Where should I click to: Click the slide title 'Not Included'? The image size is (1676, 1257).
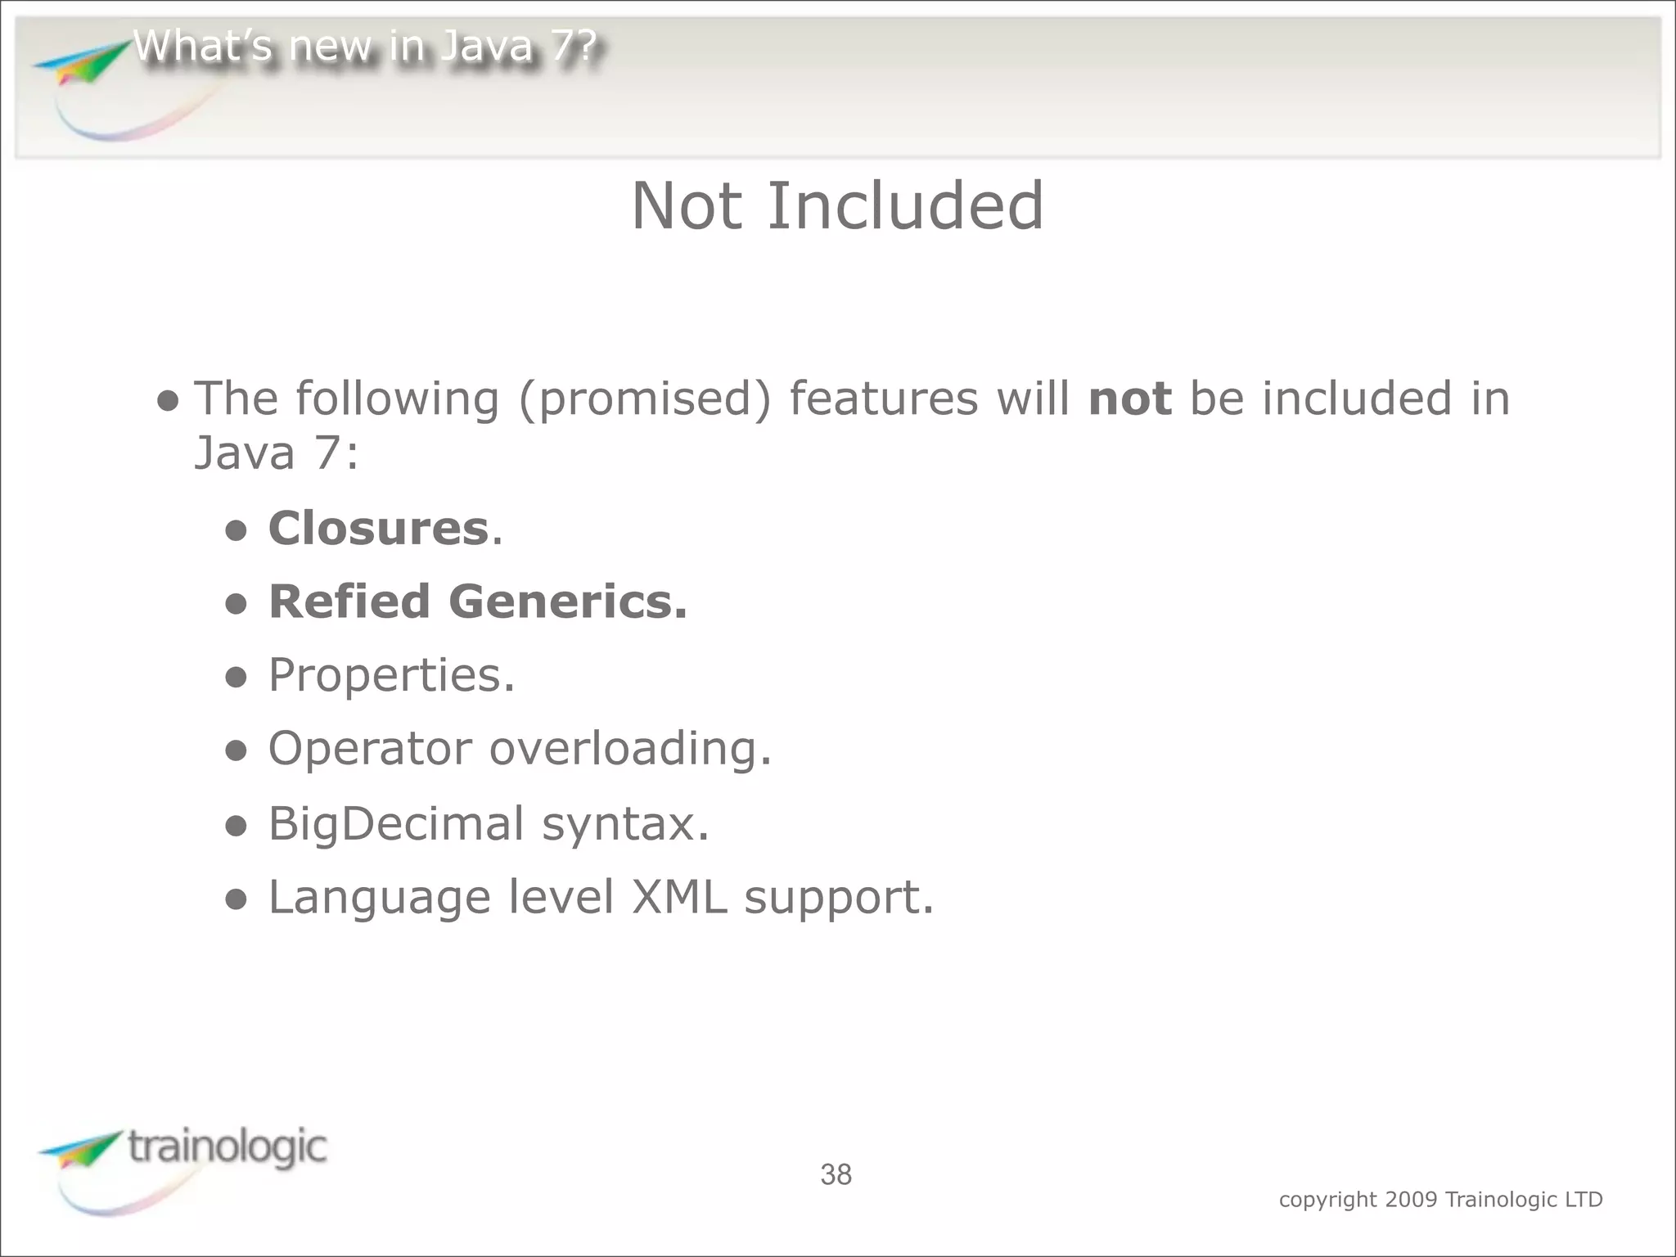point(837,206)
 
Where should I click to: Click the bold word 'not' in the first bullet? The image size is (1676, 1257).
point(1129,399)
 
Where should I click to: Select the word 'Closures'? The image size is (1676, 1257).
point(378,528)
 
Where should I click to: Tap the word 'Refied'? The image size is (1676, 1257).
point(349,601)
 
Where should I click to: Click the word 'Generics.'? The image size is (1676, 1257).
point(568,601)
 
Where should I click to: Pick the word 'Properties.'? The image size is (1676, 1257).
point(391,676)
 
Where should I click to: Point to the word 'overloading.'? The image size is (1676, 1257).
point(630,749)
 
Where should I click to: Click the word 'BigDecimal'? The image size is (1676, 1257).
point(395,823)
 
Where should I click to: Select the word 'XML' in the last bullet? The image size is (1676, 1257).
point(678,897)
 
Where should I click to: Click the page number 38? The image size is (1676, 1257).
point(836,1175)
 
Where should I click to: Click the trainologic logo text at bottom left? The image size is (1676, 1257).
point(228,1147)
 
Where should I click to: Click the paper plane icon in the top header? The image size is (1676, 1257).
point(82,64)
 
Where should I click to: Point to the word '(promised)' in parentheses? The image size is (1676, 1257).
point(644,399)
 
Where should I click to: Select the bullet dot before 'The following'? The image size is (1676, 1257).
point(168,401)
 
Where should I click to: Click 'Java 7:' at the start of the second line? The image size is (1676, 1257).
point(276,453)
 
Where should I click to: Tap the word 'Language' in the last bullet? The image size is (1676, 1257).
point(379,898)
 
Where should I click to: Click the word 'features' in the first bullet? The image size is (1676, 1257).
point(883,399)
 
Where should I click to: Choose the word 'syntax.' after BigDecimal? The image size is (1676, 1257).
point(625,824)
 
